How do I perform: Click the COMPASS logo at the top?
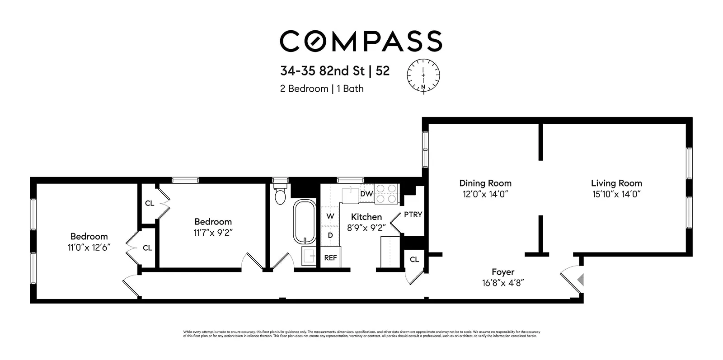pyautogui.click(x=361, y=41)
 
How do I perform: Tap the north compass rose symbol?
pyautogui.click(x=423, y=75)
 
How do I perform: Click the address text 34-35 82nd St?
pyautogui.click(x=323, y=71)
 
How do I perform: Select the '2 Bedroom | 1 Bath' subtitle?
pyautogui.click(x=322, y=89)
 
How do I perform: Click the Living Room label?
pyautogui.click(x=616, y=183)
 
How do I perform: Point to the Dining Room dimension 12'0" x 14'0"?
pyautogui.click(x=485, y=194)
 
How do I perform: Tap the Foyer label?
pyautogui.click(x=503, y=272)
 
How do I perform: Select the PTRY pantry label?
pyautogui.click(x=413, y=215)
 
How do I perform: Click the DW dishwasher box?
pyautogui.click(x=366, y=194)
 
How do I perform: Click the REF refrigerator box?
pyautogui.click(x=330, y=258)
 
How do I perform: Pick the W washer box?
pyautogui.click(x=330, y=216)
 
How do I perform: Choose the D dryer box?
pyautogui.click(x=330, y=235)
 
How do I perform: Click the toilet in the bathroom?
pyautogui.click(x=280, y=194)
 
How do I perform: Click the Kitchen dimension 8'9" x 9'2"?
pyautogui.click(x=366, y=228)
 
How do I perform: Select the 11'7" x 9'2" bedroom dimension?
pyautogui.click(x=213, y=233)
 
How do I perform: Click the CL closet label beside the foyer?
pyautogui.click(x=414, y=259)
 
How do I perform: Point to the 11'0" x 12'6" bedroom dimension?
pyautogui.click(x=89, y=248)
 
